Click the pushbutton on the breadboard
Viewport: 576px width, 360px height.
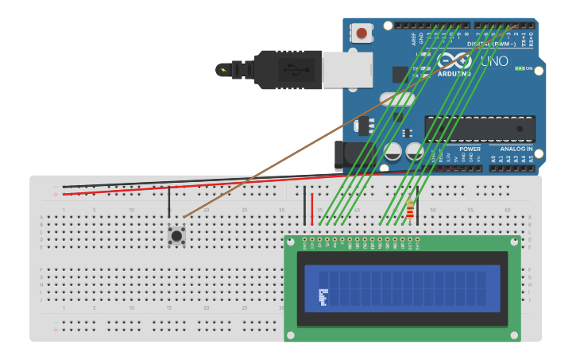176,235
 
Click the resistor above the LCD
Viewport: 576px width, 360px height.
410,210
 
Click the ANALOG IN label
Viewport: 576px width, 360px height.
516,149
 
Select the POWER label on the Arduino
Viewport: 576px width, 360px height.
470,149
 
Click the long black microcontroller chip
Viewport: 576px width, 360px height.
479,130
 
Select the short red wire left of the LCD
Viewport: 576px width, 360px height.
312,208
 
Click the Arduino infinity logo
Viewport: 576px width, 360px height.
453,61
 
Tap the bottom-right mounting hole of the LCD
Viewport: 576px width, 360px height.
513,335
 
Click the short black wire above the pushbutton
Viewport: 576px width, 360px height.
169,202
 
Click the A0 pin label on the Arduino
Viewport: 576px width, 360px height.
493,160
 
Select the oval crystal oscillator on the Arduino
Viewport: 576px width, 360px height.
396,99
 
